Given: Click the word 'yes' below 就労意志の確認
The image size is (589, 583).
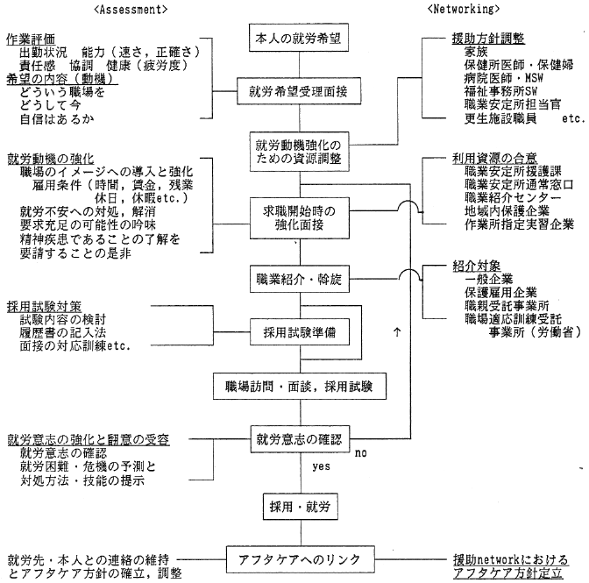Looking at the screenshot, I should tap(321, 468).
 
